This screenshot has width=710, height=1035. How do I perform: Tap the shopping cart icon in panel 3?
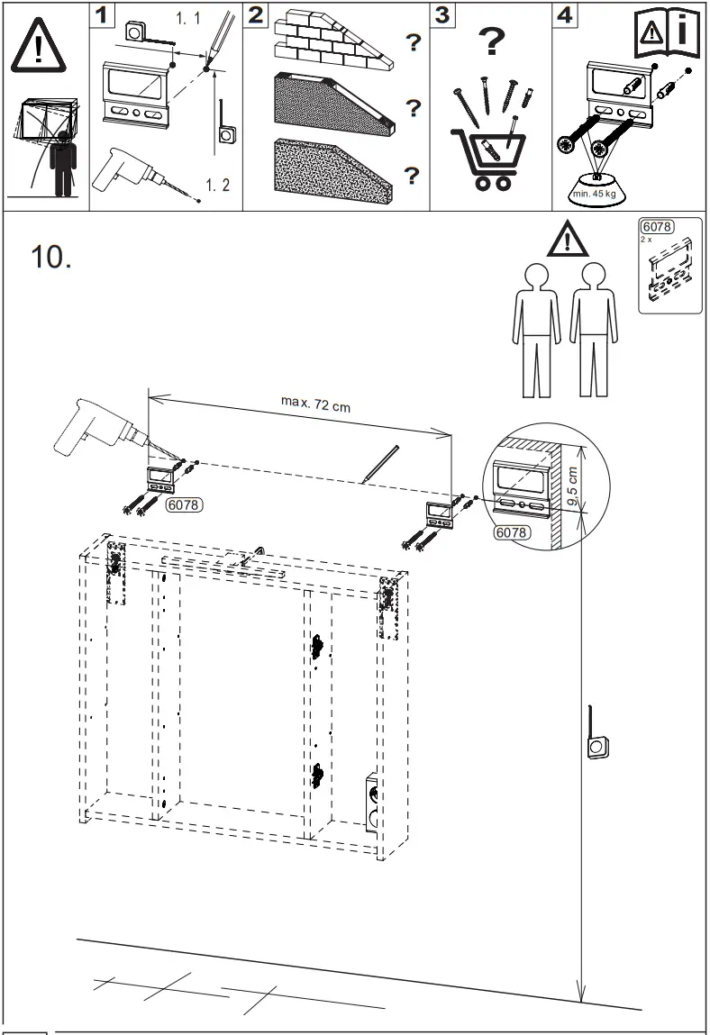click(485, 157)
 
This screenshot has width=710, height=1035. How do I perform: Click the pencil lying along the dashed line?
click(378, 464)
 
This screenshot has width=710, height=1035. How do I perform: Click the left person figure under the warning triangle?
click(536, 329)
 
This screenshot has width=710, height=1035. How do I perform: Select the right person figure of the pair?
click(593, 329)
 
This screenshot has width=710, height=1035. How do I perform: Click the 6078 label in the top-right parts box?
click(656, 226)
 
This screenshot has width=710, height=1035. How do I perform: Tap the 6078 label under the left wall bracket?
click(184, 506)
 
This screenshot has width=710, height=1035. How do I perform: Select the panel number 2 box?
click(257, 15)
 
